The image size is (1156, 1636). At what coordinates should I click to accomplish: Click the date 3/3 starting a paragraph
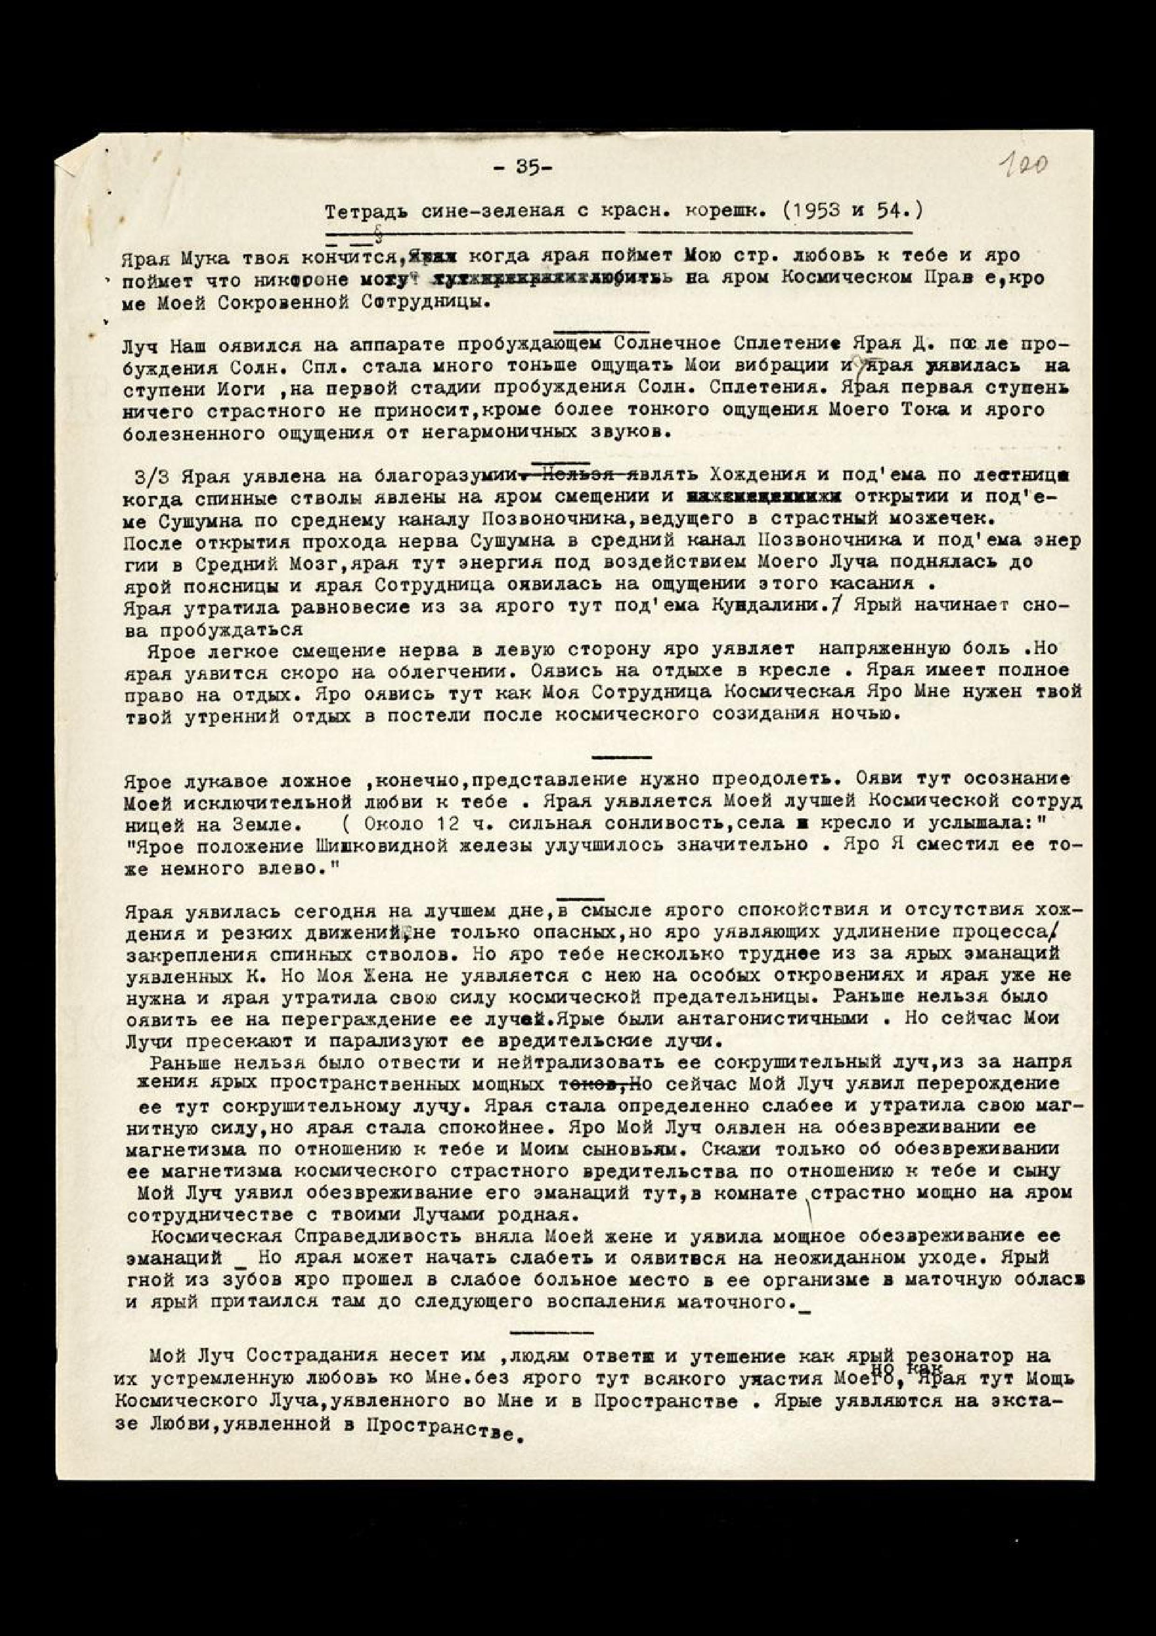pos(151,476)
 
